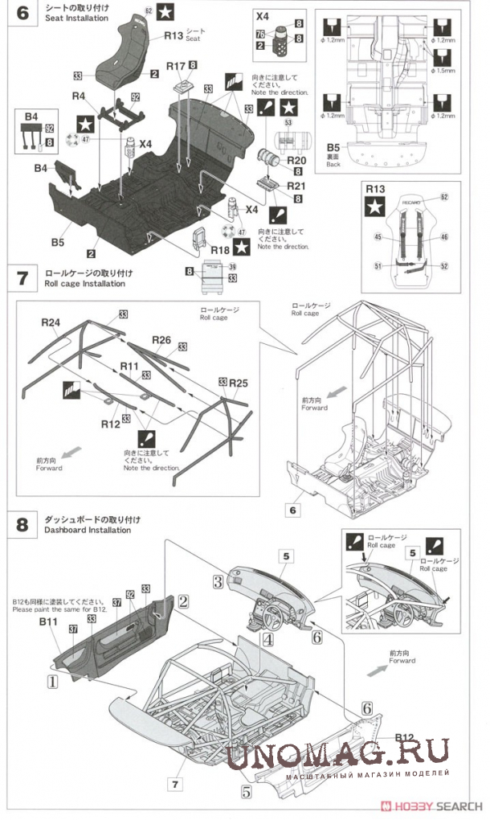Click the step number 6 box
click(22, 14)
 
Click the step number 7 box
click(22, 279)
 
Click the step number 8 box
click(22, 525)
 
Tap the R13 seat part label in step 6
click(174, 35)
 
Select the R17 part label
click(177, 65)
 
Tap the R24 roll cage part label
click(51, 322)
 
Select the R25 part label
click(237, 383)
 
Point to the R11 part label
click(129, 366)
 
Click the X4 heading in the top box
click(262, 15)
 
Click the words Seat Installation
click(76, 18)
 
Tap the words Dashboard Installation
click(88, 530)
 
